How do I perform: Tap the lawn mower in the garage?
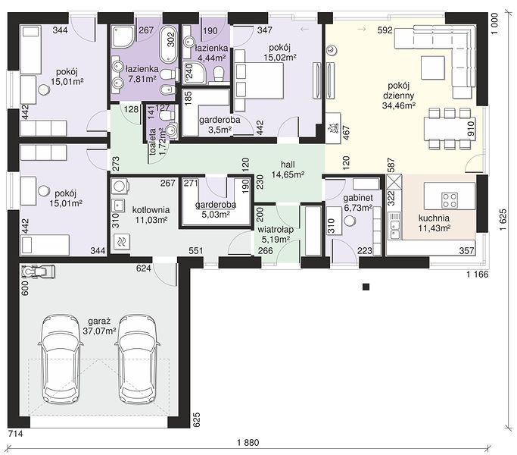[38, 271]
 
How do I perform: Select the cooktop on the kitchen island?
[450, 200]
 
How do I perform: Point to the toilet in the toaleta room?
[167, 115]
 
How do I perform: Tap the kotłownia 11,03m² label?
[151, 215]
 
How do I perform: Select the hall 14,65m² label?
[288, 170]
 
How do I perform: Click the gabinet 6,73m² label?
[358, 202]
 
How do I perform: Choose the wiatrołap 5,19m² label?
[276, 234]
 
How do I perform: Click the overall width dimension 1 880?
[248, 442]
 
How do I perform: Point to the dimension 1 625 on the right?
[503, 220]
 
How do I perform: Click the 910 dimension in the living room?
[471, 129]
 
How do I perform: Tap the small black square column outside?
[366, 287]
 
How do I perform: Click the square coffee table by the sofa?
[432, 67]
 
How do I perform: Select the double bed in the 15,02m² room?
[259, 80]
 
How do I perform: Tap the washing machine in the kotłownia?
[120, 186]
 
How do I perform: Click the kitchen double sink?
[394, 226]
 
